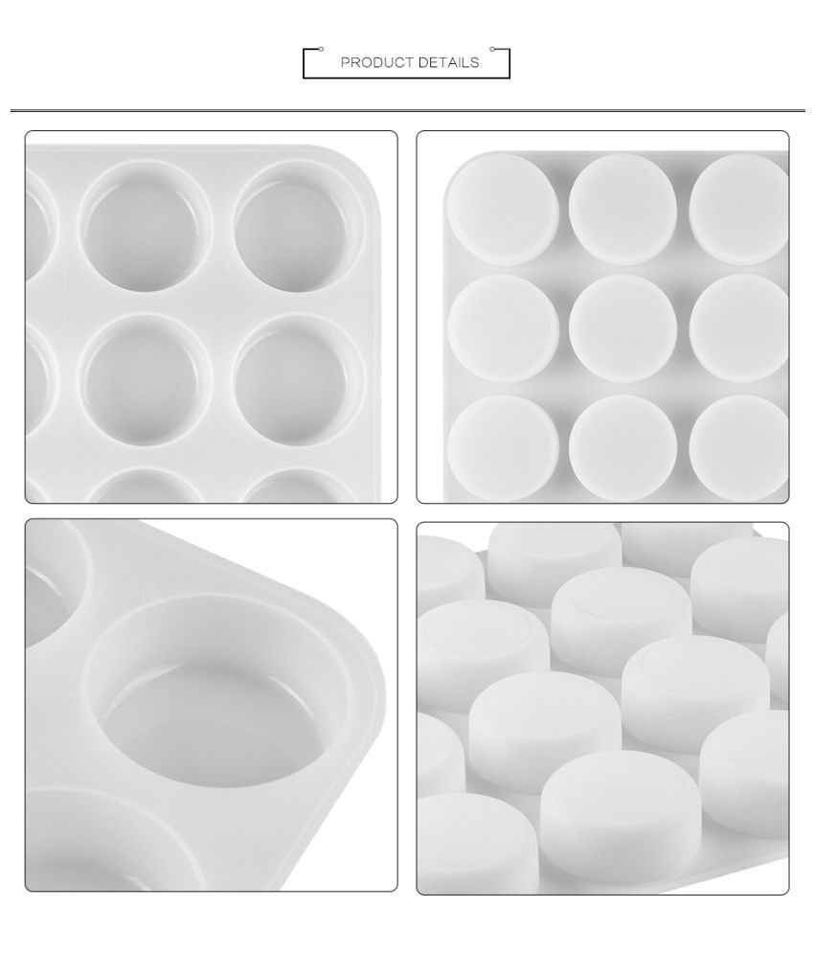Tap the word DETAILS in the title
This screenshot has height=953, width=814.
447,63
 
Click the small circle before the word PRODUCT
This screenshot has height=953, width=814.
321,48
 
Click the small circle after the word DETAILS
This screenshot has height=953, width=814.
492,48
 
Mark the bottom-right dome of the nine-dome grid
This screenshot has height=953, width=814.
739,433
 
